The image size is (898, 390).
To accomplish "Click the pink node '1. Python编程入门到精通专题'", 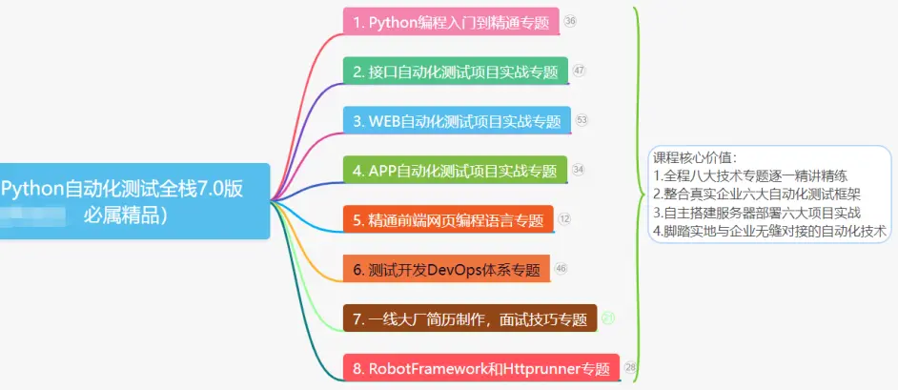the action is coord(451,23).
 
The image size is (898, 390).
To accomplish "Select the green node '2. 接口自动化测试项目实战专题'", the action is coord(455,71).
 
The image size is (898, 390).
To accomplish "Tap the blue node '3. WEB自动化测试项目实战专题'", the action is coord(457,121).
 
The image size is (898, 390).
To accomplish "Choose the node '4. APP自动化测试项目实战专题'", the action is coord(455,171).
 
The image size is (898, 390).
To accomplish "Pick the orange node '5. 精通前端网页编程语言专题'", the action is coord(448,220).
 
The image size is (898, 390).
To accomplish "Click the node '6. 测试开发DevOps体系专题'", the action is coord(447,270).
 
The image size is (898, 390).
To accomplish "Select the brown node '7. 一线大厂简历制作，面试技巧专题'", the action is coord(469,319).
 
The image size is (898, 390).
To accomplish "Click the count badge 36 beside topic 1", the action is coord(570,21).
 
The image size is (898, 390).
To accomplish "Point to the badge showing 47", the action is coord(580,70).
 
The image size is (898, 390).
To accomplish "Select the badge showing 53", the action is coord(582,120).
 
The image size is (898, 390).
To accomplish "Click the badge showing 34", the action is coord(579,170).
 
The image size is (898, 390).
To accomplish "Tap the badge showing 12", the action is coord(564,218).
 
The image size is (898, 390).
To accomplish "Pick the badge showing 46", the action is coord(561,268).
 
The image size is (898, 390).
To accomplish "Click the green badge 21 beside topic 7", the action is coord(608,318).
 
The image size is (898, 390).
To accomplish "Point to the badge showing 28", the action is coord(630,367).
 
